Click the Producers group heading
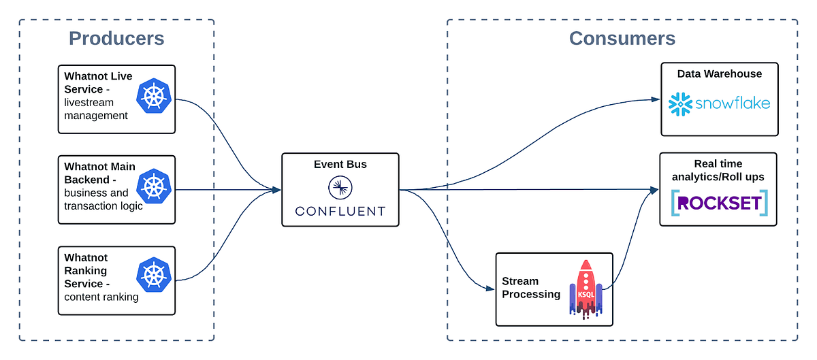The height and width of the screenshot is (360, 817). coord(116,38)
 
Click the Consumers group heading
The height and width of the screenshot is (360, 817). coord(622,38)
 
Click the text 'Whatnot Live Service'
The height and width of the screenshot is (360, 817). coord(99,82)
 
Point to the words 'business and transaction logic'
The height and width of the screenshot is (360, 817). coord(103,199)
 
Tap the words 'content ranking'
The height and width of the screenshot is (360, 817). coord(101,297)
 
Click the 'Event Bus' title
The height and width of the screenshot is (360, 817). coord(340,164)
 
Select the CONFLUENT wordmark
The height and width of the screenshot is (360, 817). coord(340,211)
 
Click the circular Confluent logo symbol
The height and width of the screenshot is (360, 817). coord(340,186)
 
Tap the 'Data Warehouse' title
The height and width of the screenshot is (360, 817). coord(728,73)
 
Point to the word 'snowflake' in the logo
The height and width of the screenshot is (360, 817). coord(733,103)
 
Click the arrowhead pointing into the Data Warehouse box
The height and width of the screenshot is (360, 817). coord(656,100)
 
